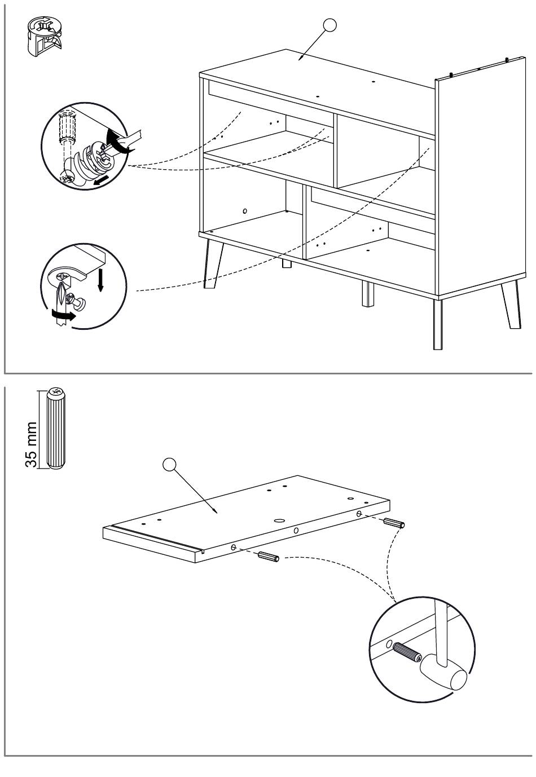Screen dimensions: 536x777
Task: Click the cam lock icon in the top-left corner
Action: tap(44, 36)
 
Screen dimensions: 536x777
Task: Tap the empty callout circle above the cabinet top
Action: tap(329, 25)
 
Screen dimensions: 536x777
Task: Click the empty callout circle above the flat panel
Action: tap(169, 465)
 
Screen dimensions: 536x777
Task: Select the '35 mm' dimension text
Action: tap(31, 445)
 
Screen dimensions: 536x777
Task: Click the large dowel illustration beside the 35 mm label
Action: tap(55, 428)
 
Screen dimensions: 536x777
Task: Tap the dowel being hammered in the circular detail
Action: tap(407, 651)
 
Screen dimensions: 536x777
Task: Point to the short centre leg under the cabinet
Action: tap(368, 293)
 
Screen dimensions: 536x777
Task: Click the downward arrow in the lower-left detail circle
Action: tap(100, 279)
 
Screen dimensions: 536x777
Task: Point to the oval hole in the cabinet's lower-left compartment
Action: tap(245, 210)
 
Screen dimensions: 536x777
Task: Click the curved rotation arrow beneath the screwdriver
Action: tap(63, 315)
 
